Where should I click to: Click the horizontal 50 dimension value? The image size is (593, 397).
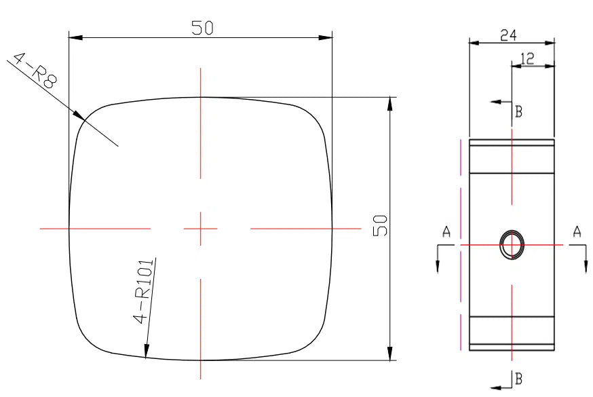[x=202, y=28]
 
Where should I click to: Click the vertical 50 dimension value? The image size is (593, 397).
[x=380, y=225]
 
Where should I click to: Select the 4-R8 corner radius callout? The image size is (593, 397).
[x=35, y=71]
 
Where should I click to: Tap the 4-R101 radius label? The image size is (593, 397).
[x=144, y=291]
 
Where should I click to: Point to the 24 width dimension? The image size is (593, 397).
[x=509, y=35]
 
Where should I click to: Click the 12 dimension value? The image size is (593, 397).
[x=527, y=58]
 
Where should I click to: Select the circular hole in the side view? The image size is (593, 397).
[x=512, y=244]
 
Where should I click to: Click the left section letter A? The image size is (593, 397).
[x=446, y=232]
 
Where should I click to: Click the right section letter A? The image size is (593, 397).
[x=577, y=231]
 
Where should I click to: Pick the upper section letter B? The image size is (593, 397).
[x=519, y=112]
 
